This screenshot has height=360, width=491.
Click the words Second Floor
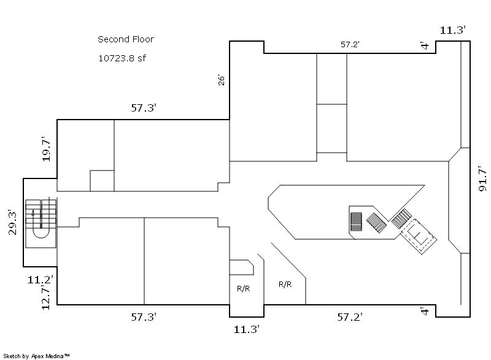(126, 39)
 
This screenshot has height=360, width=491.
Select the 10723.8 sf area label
(122, 58)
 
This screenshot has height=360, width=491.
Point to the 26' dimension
(221, 80)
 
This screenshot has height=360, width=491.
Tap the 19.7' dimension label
(46, 149)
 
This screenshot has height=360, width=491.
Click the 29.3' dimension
(12, 222)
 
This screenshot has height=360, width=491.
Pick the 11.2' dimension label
(40, 279)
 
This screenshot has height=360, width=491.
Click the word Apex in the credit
(37, 356)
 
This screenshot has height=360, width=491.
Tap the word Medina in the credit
(55, 356)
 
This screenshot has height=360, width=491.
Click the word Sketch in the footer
(12, 356)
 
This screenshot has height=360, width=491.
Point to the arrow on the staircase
(33, 213)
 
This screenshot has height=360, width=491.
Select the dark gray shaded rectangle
(356, 221)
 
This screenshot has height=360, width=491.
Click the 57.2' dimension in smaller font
(350, 44)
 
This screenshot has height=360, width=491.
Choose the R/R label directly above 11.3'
(243, 288)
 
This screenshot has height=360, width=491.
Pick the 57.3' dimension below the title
(144, 108)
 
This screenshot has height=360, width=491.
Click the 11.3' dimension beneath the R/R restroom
(247, 329)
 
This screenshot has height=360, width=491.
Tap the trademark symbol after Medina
(67, 355)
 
